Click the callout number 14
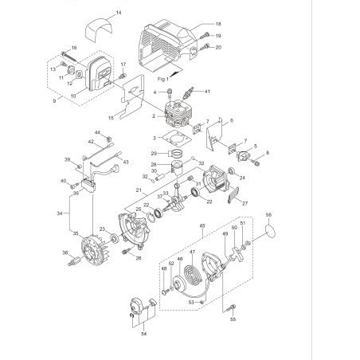(119, 14)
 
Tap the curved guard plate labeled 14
(100, 32)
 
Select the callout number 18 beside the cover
(218, 25)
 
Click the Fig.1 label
(163, 80)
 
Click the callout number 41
(209, 92)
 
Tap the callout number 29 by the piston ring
(153, 153)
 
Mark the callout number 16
(74, 49)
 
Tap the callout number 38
(65, 252)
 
